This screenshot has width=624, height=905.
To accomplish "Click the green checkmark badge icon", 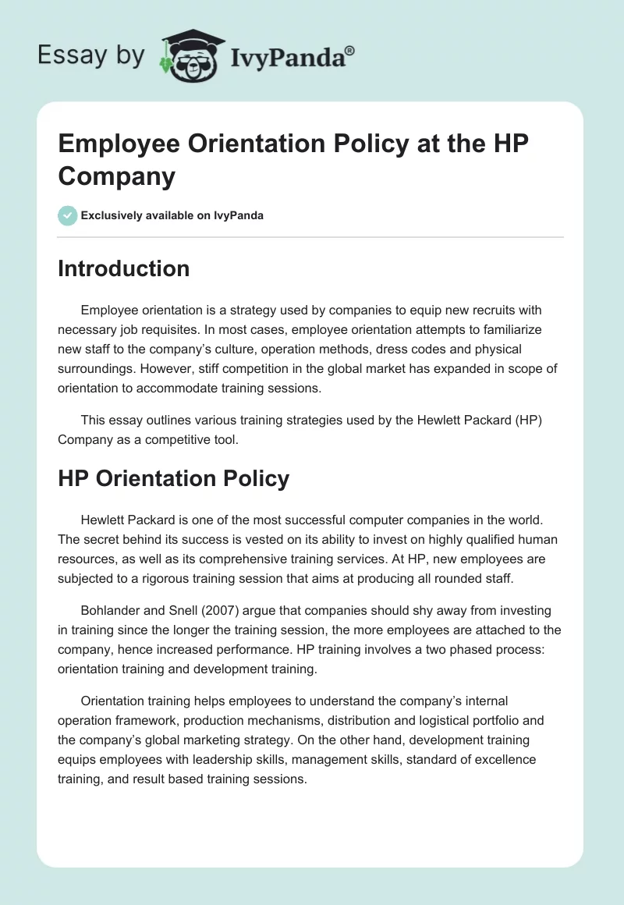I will point(68,215).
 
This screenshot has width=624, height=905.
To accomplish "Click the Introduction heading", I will point(123,268).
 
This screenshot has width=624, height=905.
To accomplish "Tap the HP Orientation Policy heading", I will point(173,477).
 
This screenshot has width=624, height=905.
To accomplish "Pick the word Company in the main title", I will point(116,176).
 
